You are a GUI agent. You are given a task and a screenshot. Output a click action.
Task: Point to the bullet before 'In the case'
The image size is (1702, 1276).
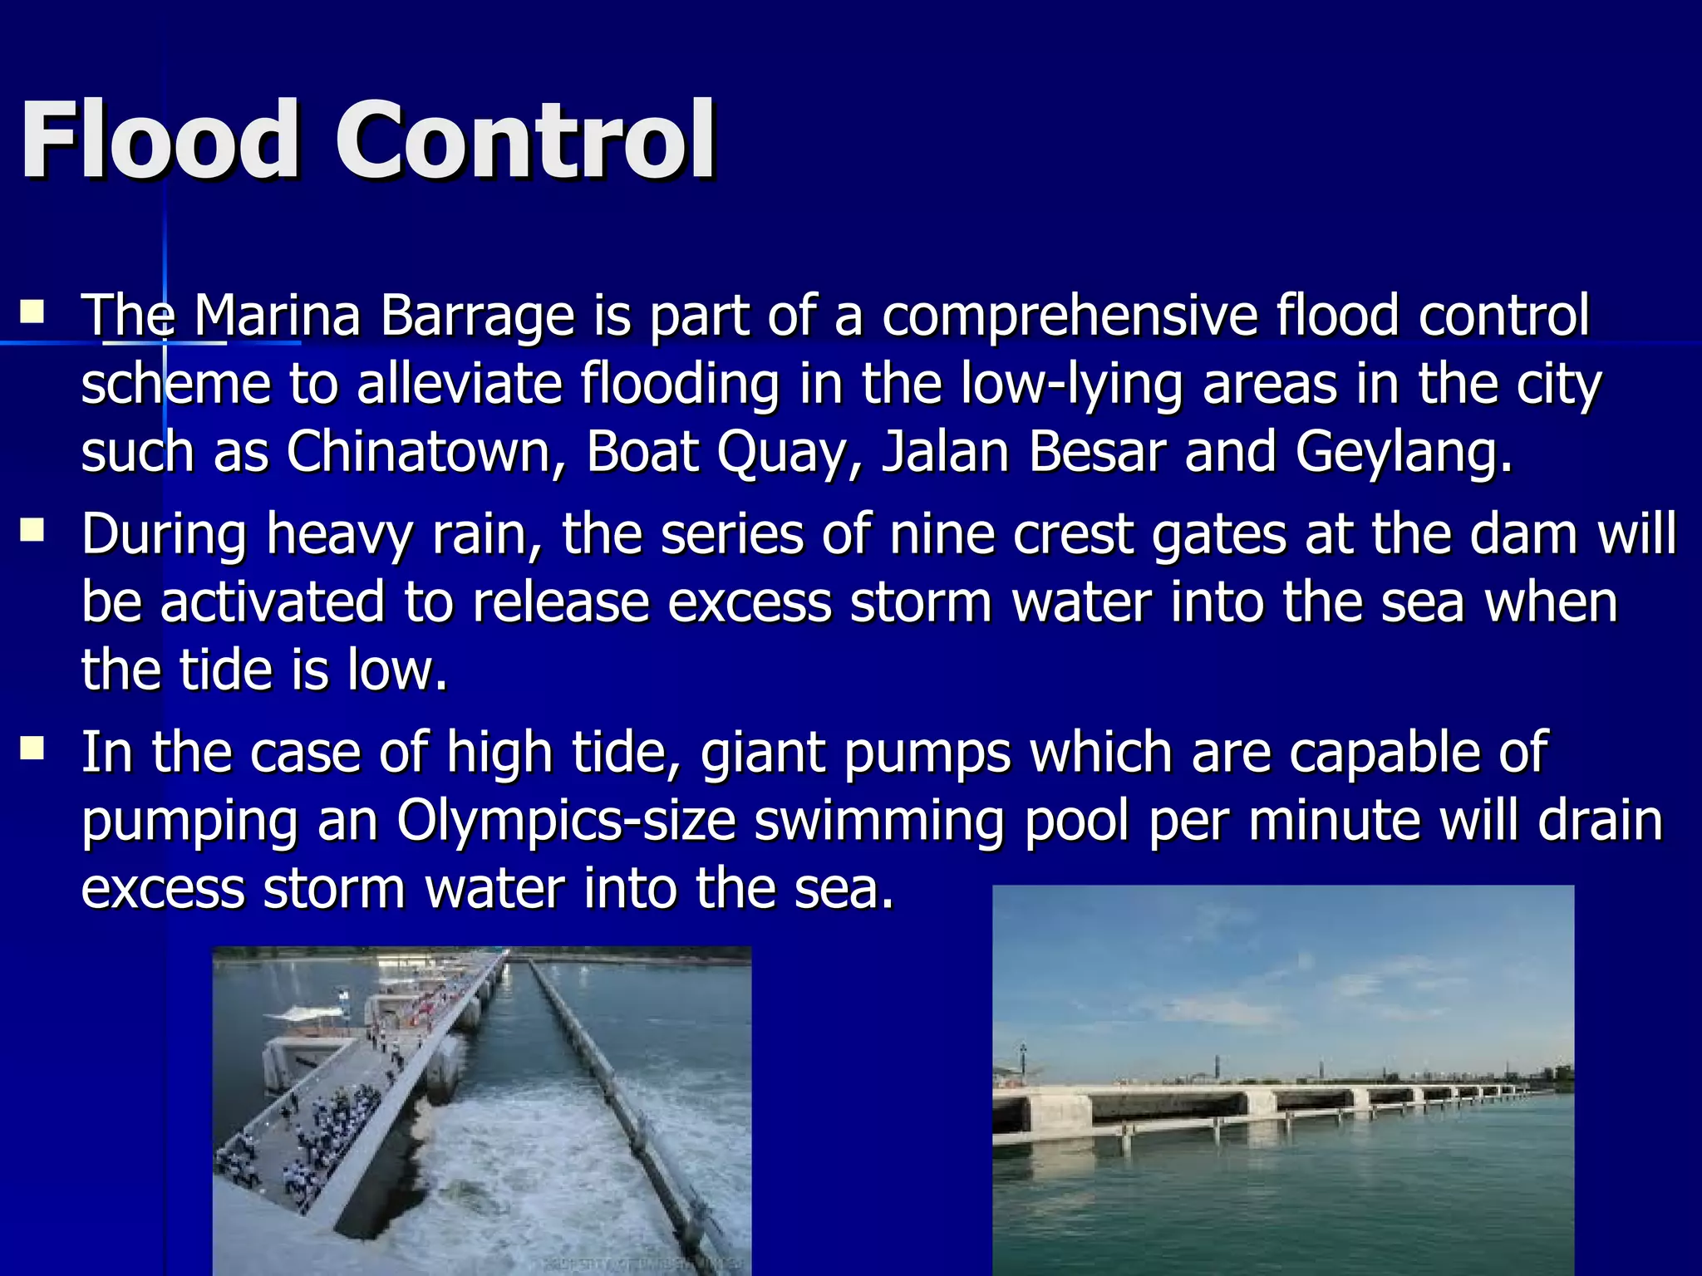(x=32, y=749)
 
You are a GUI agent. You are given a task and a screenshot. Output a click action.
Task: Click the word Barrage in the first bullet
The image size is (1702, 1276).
(x=477, y=317)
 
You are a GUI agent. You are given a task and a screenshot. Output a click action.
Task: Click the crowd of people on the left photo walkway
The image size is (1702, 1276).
(x=332, y=1121)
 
